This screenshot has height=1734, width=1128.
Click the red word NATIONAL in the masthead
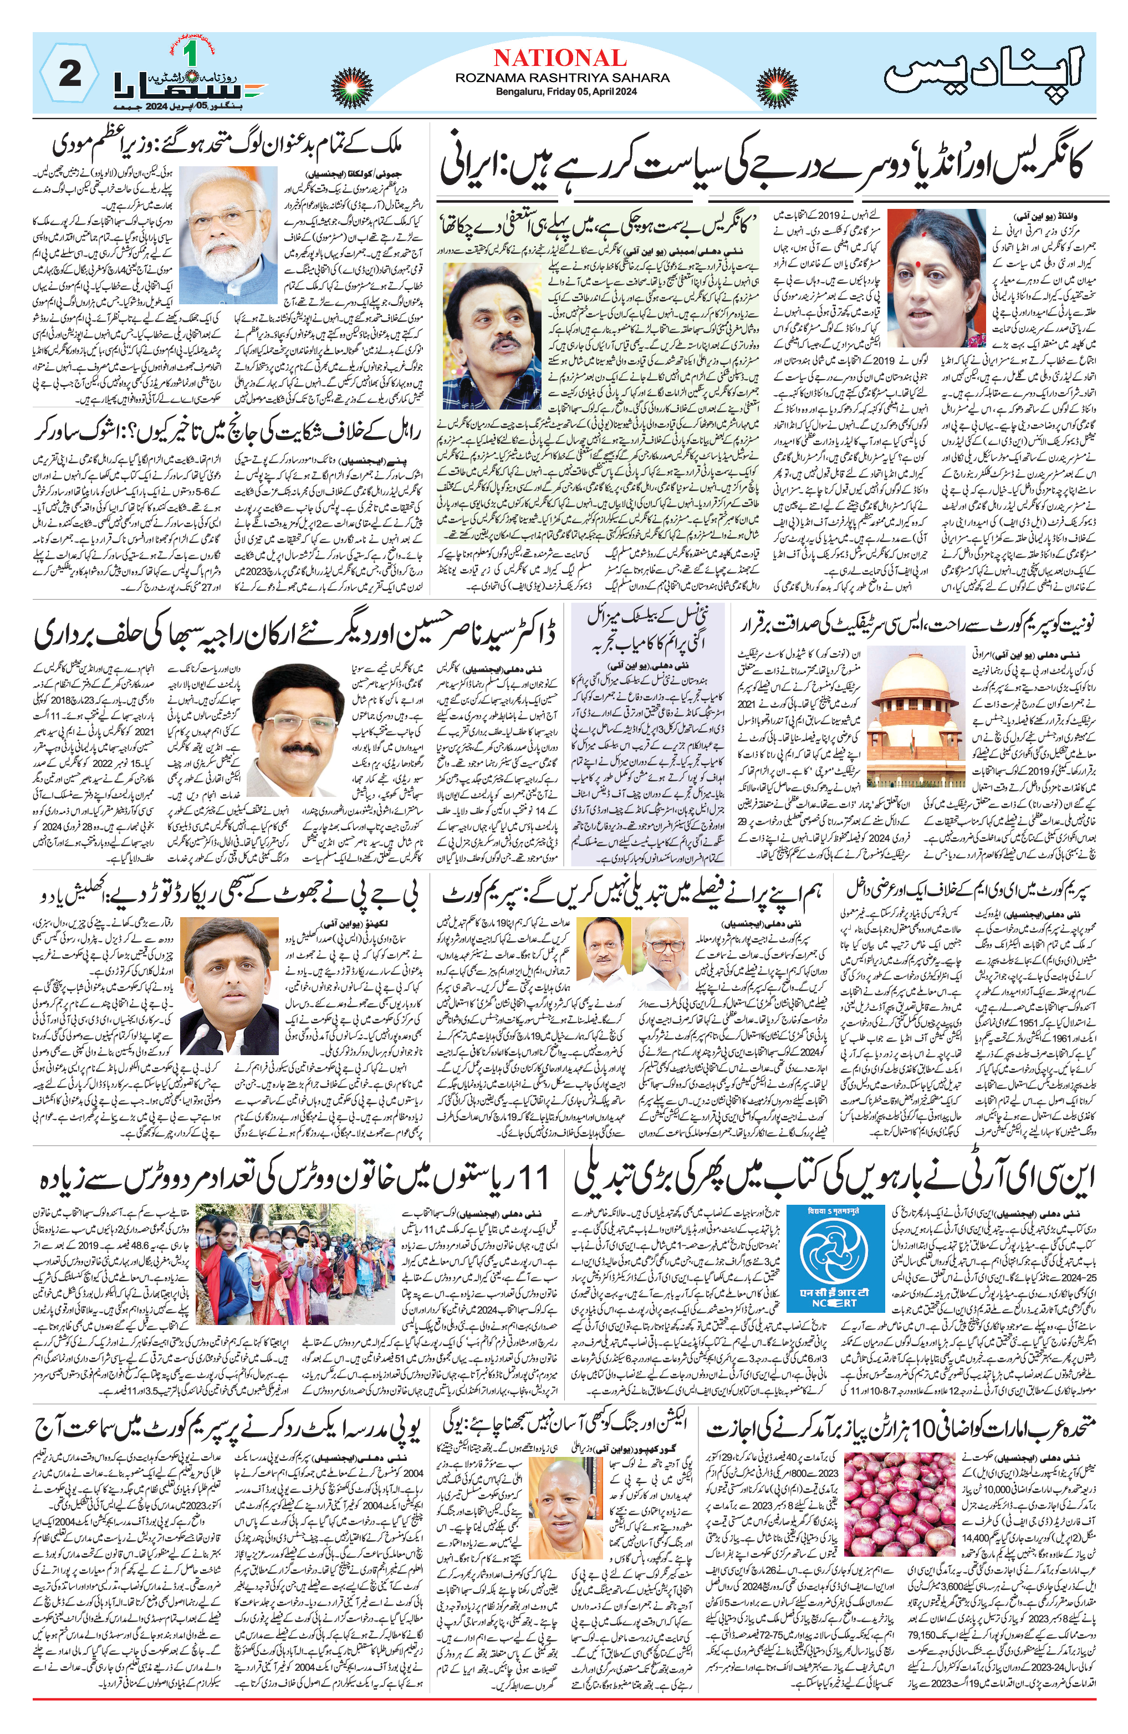[560, 58]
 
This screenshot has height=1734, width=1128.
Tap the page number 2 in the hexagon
[69, 74]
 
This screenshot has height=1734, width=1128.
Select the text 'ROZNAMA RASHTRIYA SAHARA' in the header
[562, 77]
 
